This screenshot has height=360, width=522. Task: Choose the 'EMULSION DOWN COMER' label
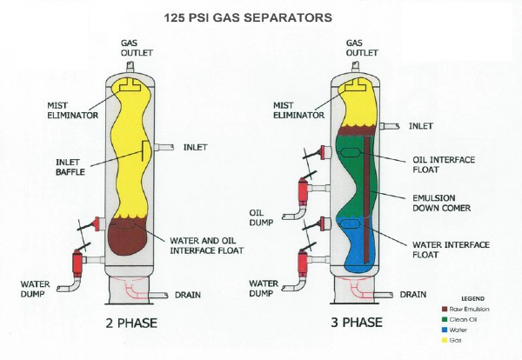436,202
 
